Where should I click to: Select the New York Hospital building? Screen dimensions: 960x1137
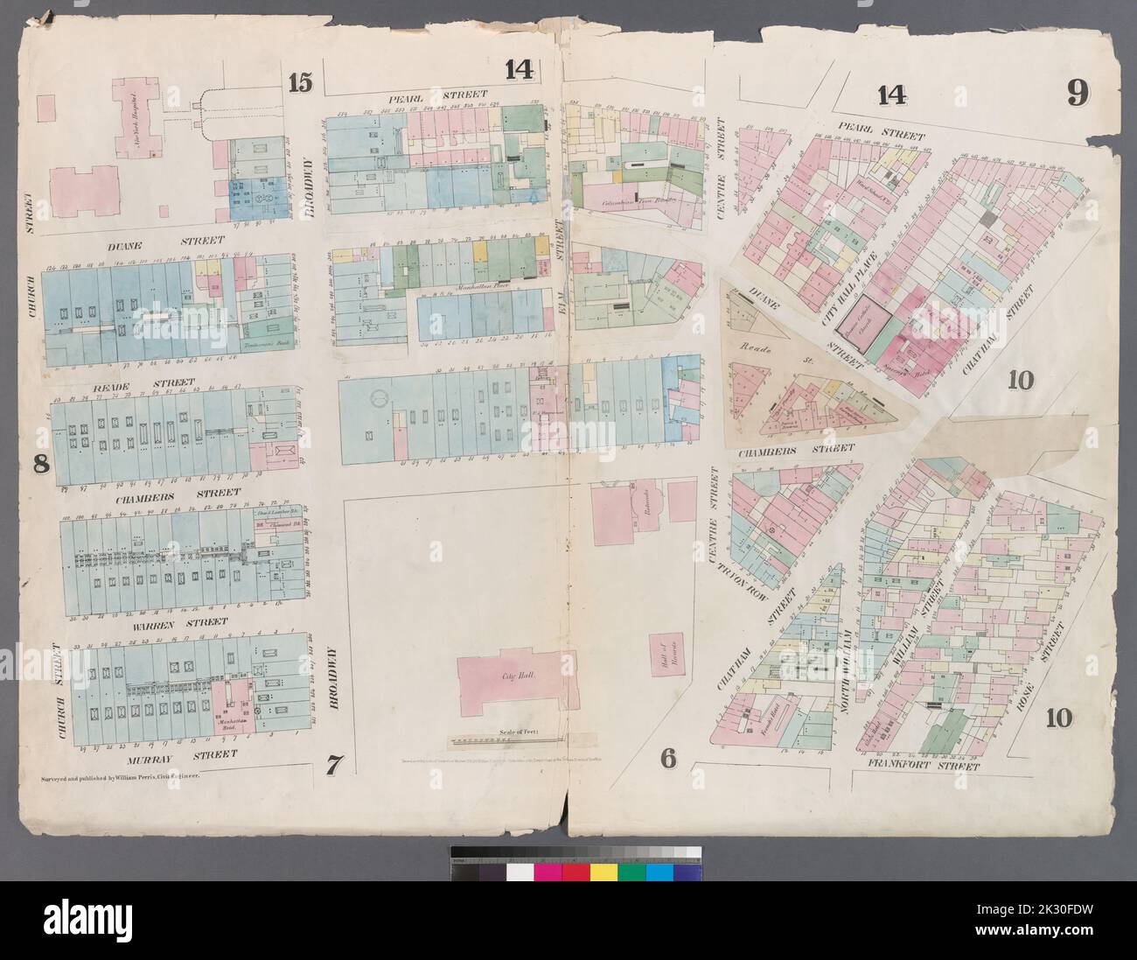134,120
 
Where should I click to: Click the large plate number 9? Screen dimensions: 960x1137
1077,92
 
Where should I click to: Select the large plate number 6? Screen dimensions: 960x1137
668,759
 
